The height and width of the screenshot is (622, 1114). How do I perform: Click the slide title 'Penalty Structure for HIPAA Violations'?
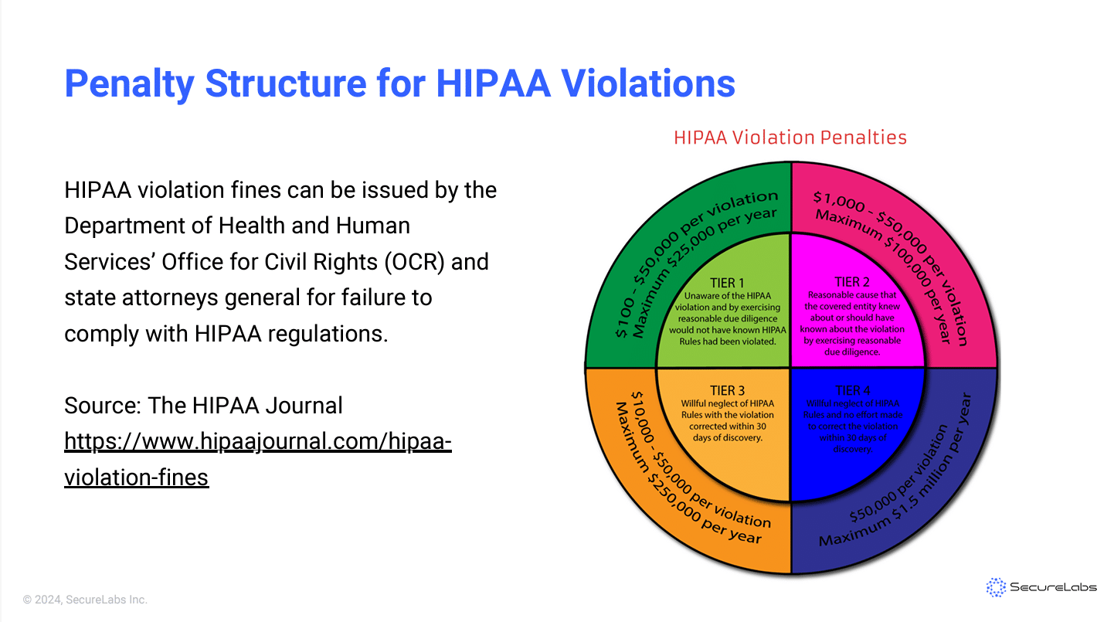(399, 83)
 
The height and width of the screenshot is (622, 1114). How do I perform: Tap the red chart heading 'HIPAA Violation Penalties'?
(790, 138)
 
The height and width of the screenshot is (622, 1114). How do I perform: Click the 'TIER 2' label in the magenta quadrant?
(852, 282)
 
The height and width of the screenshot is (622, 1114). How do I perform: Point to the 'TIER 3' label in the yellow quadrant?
(727, 390)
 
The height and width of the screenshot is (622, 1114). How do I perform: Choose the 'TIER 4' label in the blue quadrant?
(853, 390)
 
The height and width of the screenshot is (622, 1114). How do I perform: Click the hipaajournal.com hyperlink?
(257, 459)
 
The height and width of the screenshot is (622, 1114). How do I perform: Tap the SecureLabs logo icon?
(997, 587)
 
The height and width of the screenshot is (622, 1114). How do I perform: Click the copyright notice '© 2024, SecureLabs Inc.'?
(85, 600)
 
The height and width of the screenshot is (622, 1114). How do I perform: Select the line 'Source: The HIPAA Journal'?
(203, 405)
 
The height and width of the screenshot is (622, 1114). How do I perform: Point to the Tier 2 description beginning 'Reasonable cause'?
(852, 323)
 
